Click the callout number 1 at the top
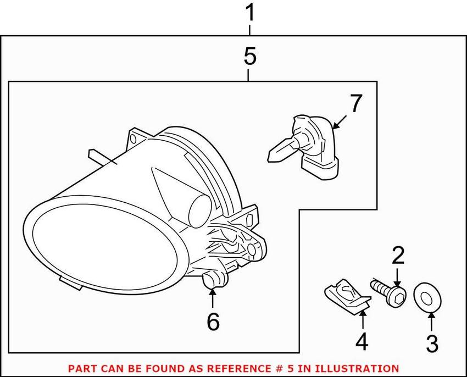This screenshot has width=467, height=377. pyautogui.click(x=251, y=12)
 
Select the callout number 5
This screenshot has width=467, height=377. pyautogui.click(x=249, y=57)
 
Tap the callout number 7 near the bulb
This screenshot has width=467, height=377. pyautogui.click(x=356, y=103)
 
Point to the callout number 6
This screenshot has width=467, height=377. pyautogui.click(x=212, y=321)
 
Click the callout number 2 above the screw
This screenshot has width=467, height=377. pyautogui.click(x=398, y=255)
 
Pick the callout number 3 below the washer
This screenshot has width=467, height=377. pyautogui.click(x=432, y=344)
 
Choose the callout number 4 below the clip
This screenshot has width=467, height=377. pyautogui.click(x=361, y=342)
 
